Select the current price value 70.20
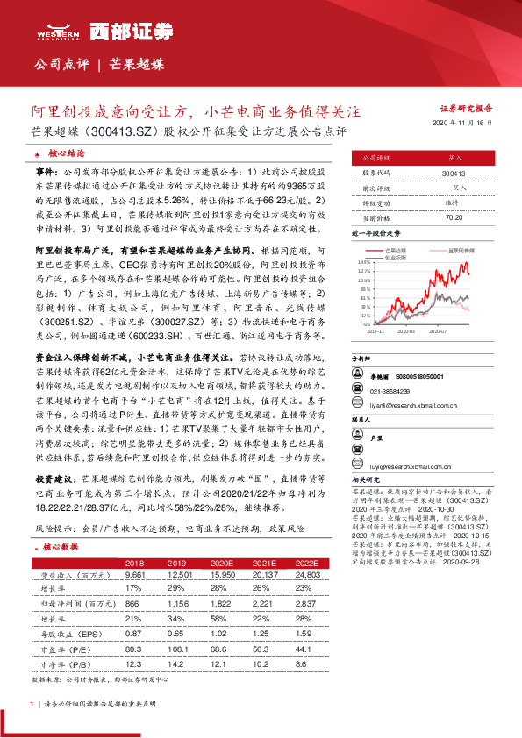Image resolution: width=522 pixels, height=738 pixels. pyautogui.click(x=454, y=216)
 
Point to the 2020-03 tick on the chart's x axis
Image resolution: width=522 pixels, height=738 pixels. pyautogui.click(x=405, y=331)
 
